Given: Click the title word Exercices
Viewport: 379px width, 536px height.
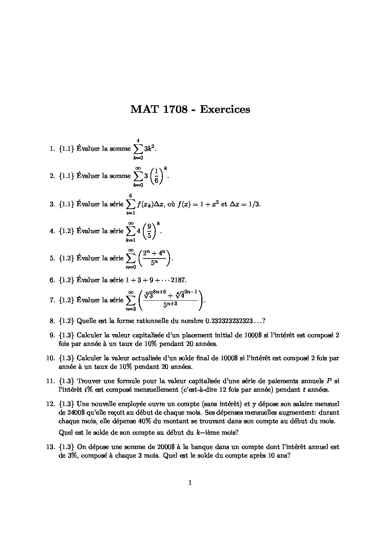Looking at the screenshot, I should click(225, 109).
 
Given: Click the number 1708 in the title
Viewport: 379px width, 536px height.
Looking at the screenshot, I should click(175, 109).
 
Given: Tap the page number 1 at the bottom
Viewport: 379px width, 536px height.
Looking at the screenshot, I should click(189, 483).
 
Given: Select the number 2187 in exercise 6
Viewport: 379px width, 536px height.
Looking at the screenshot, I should click(178, 280).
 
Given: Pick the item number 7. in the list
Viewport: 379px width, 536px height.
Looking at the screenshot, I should click(52, 300).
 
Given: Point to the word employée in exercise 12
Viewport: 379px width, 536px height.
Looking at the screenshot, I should click(126, 404).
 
